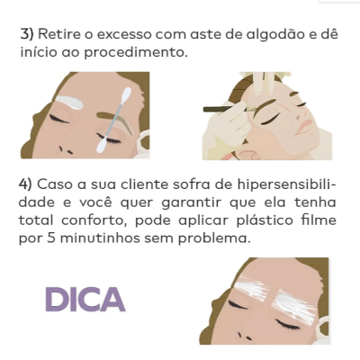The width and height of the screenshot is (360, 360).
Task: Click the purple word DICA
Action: coord(85,299)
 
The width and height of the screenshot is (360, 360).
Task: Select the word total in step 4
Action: coord(35,220)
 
